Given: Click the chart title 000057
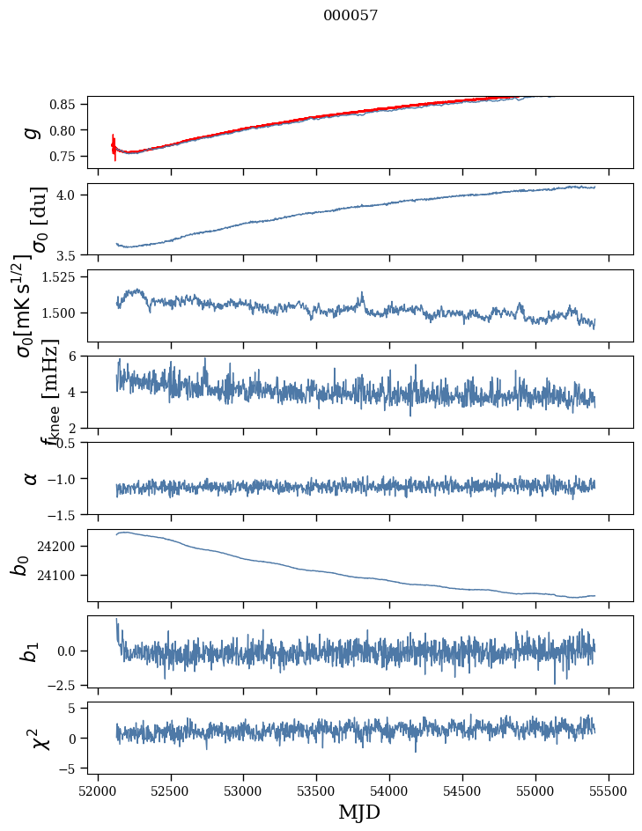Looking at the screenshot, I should [351, 16].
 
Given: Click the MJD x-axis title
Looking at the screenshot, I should [359, 813].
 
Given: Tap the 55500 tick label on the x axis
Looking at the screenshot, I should [609, 790].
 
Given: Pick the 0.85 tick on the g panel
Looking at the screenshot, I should [64, 104].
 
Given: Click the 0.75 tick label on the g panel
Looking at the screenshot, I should [64, 156].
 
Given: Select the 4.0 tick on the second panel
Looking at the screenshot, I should [70, 195].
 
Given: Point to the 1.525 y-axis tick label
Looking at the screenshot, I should [60, 276].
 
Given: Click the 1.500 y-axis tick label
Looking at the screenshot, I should [60, 313].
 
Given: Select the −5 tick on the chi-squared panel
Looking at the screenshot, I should [67, 768].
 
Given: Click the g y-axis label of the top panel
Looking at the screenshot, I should [32, 132].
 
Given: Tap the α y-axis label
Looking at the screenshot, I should [32, 478].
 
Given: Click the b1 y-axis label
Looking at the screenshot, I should [32, 651].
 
